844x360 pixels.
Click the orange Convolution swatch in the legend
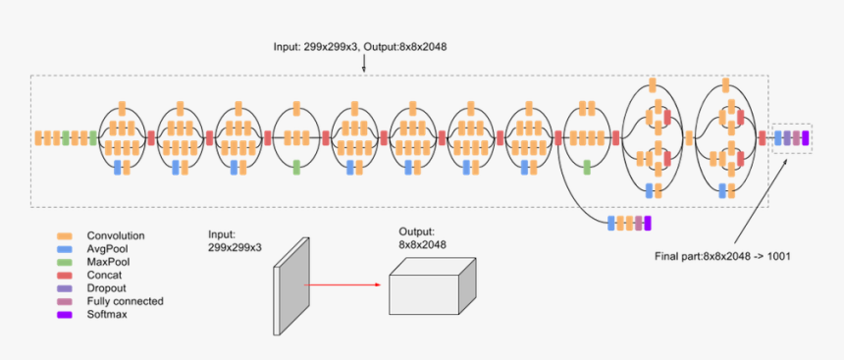65,236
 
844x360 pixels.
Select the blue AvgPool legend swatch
65,249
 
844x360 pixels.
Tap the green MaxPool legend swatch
65,263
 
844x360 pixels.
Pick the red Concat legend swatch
65,276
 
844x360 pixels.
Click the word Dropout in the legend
107,288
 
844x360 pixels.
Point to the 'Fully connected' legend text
125,301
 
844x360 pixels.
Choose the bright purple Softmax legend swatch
65,314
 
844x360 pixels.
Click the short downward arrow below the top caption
364,64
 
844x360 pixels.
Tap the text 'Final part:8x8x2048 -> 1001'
722,256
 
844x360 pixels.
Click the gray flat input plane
291,284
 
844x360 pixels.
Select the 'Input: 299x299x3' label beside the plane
235,241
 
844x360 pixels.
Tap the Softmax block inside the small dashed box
806,138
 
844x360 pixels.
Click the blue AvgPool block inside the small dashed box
778,138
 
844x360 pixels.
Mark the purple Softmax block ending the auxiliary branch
647,224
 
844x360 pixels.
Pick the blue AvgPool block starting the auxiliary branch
611,224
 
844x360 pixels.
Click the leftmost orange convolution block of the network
38,138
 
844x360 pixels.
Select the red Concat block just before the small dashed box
762,138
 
